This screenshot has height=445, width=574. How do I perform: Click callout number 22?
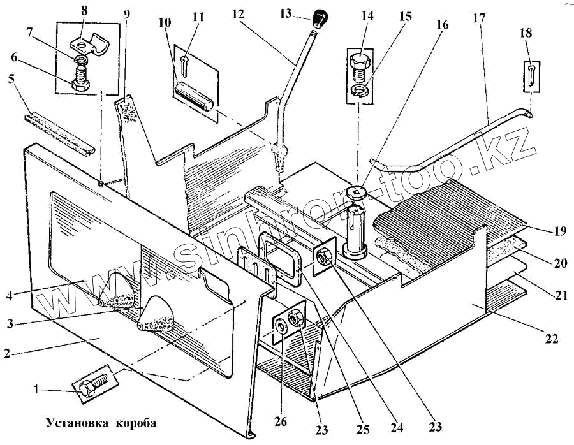tap(551, 339)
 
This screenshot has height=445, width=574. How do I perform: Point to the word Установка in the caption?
tap(72, 422)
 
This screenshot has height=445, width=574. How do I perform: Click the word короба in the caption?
tap(135, 422)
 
